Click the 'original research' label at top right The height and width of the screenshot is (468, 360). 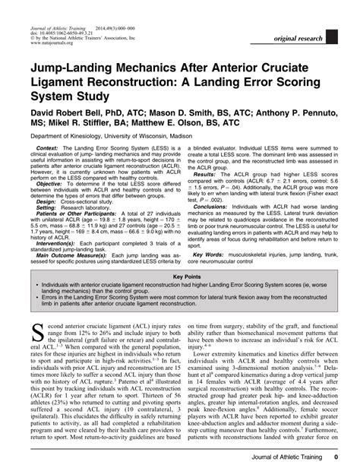point(312,37)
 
